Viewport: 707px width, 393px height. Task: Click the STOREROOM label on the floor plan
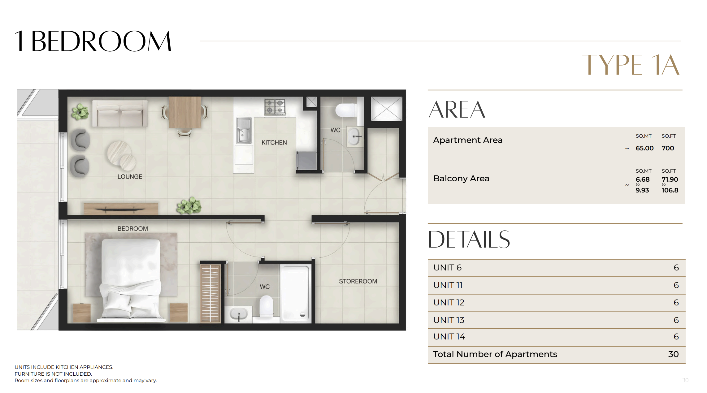tap(358, 281)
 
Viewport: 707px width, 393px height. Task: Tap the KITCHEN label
tap(274, 143)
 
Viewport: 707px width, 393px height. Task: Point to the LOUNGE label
tap(130, 177)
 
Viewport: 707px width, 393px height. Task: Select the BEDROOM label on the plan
tap(132, 229)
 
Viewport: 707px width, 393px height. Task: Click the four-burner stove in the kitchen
tap(275, 107)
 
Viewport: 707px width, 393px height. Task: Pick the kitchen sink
tap(244, 130)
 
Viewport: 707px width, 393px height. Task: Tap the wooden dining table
tap(185, 112)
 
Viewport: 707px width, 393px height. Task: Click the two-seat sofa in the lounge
tap(120, 113)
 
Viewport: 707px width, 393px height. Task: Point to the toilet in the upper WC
tap(346, 110)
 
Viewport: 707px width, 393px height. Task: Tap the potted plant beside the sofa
tap(80, 111)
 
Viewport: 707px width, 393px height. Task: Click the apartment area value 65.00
tap(644, 148)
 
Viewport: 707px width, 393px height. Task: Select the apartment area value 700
tap(668, 148)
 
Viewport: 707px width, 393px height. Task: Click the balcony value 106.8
tap(670, 190)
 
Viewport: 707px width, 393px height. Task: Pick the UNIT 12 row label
tap(449, 303)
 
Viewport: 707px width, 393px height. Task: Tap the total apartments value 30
tap(673, 354)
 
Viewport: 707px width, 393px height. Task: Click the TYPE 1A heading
tap(631, 65)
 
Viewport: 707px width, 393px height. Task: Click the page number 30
tap(685, 380)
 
